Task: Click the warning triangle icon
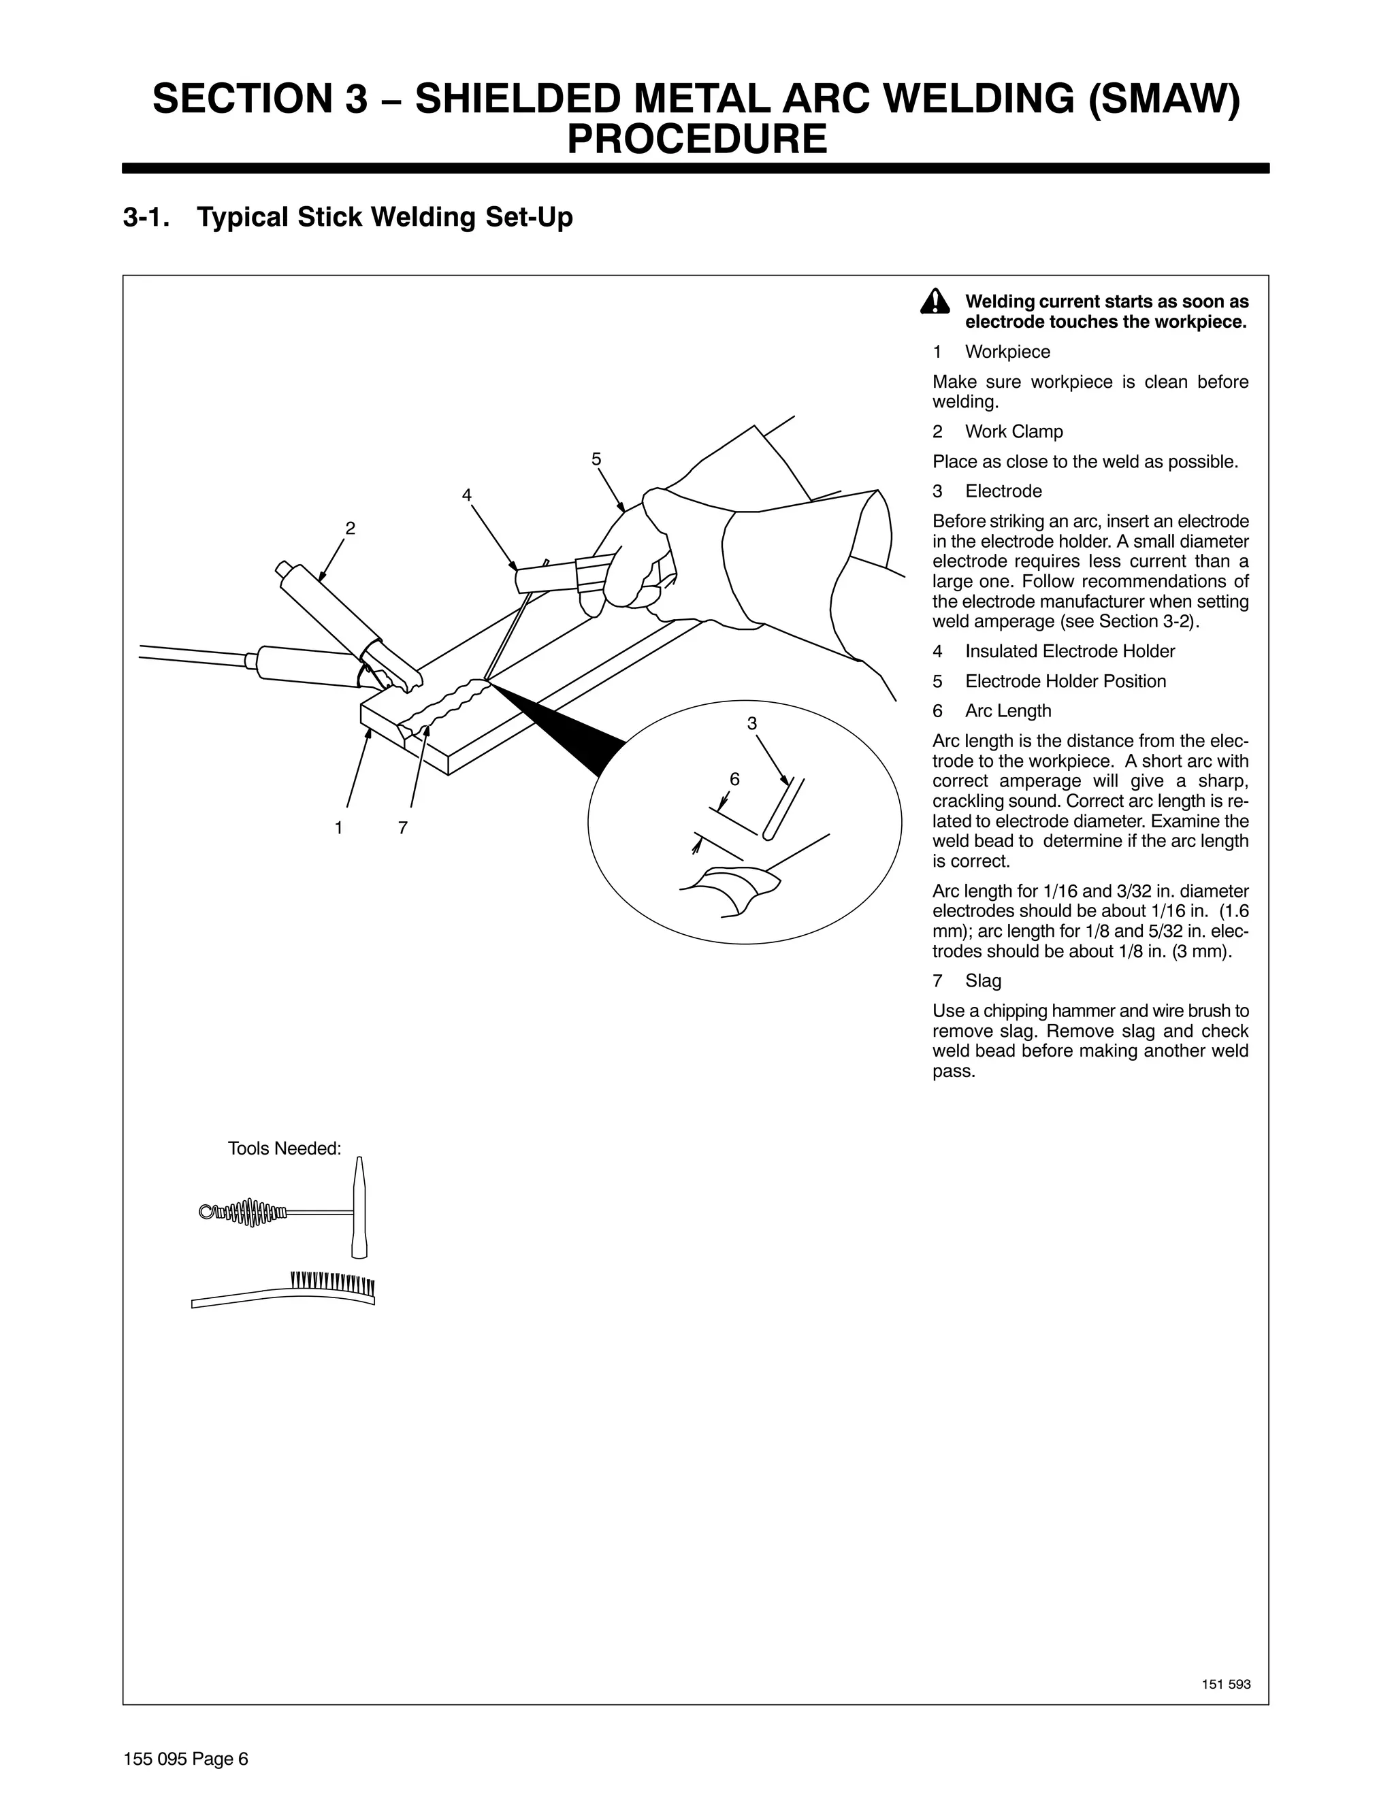(934, 302)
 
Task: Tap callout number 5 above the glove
(596, 460)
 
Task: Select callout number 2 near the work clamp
(350, 529)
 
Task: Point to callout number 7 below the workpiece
(403, 827)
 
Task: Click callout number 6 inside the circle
(734, 779)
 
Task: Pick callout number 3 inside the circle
(751, 723)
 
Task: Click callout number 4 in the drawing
(466, 495)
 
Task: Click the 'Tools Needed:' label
(284, 1148)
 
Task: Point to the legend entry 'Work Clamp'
(1014, 432)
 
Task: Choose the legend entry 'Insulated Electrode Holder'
(1069, 651)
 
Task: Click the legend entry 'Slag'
(983, 980)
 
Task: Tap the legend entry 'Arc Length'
(1007, 711)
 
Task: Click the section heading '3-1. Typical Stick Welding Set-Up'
(348, 218)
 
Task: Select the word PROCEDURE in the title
(696, 139)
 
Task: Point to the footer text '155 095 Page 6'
(186, 1758)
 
